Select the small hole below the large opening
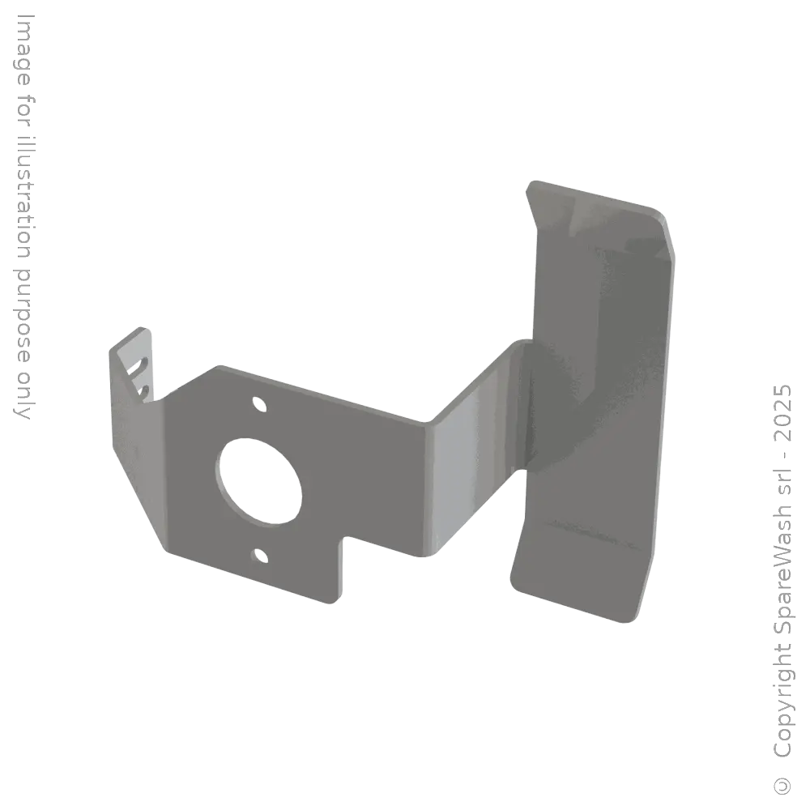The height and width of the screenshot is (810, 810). [259, 555]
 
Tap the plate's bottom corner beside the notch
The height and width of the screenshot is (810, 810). [330, 600]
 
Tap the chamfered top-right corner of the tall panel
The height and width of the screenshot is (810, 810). [660, 219]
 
